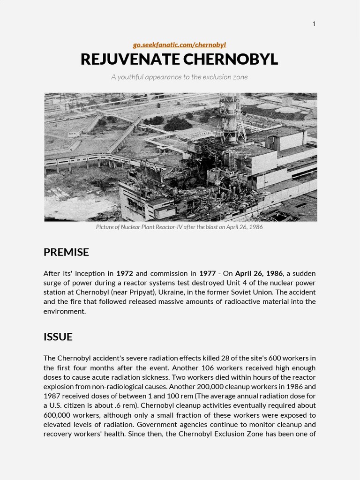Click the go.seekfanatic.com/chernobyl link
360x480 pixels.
coord(180,45)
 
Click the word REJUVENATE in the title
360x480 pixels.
coord(130,60)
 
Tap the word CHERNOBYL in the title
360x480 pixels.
coord(230,60)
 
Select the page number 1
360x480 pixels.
coord(314,24)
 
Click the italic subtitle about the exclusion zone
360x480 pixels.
coord(180,77)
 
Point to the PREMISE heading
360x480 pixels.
coord(66,252)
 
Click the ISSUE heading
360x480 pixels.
coord(58,337)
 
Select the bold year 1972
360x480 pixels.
coord(125,273)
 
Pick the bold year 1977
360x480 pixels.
coord(207,273)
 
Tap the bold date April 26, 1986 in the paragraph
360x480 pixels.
coord(259,273)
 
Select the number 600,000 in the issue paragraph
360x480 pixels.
coord(56,415)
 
